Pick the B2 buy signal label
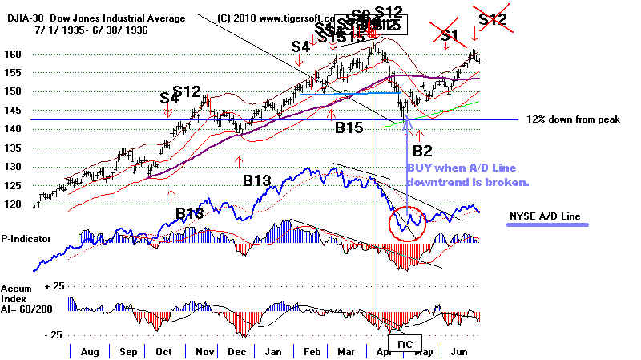tap(422, 150)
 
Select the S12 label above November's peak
tap(187, 92)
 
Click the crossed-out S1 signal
tap(450, 35)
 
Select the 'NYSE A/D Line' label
tap(546, 217)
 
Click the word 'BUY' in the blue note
tap(423, 168)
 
